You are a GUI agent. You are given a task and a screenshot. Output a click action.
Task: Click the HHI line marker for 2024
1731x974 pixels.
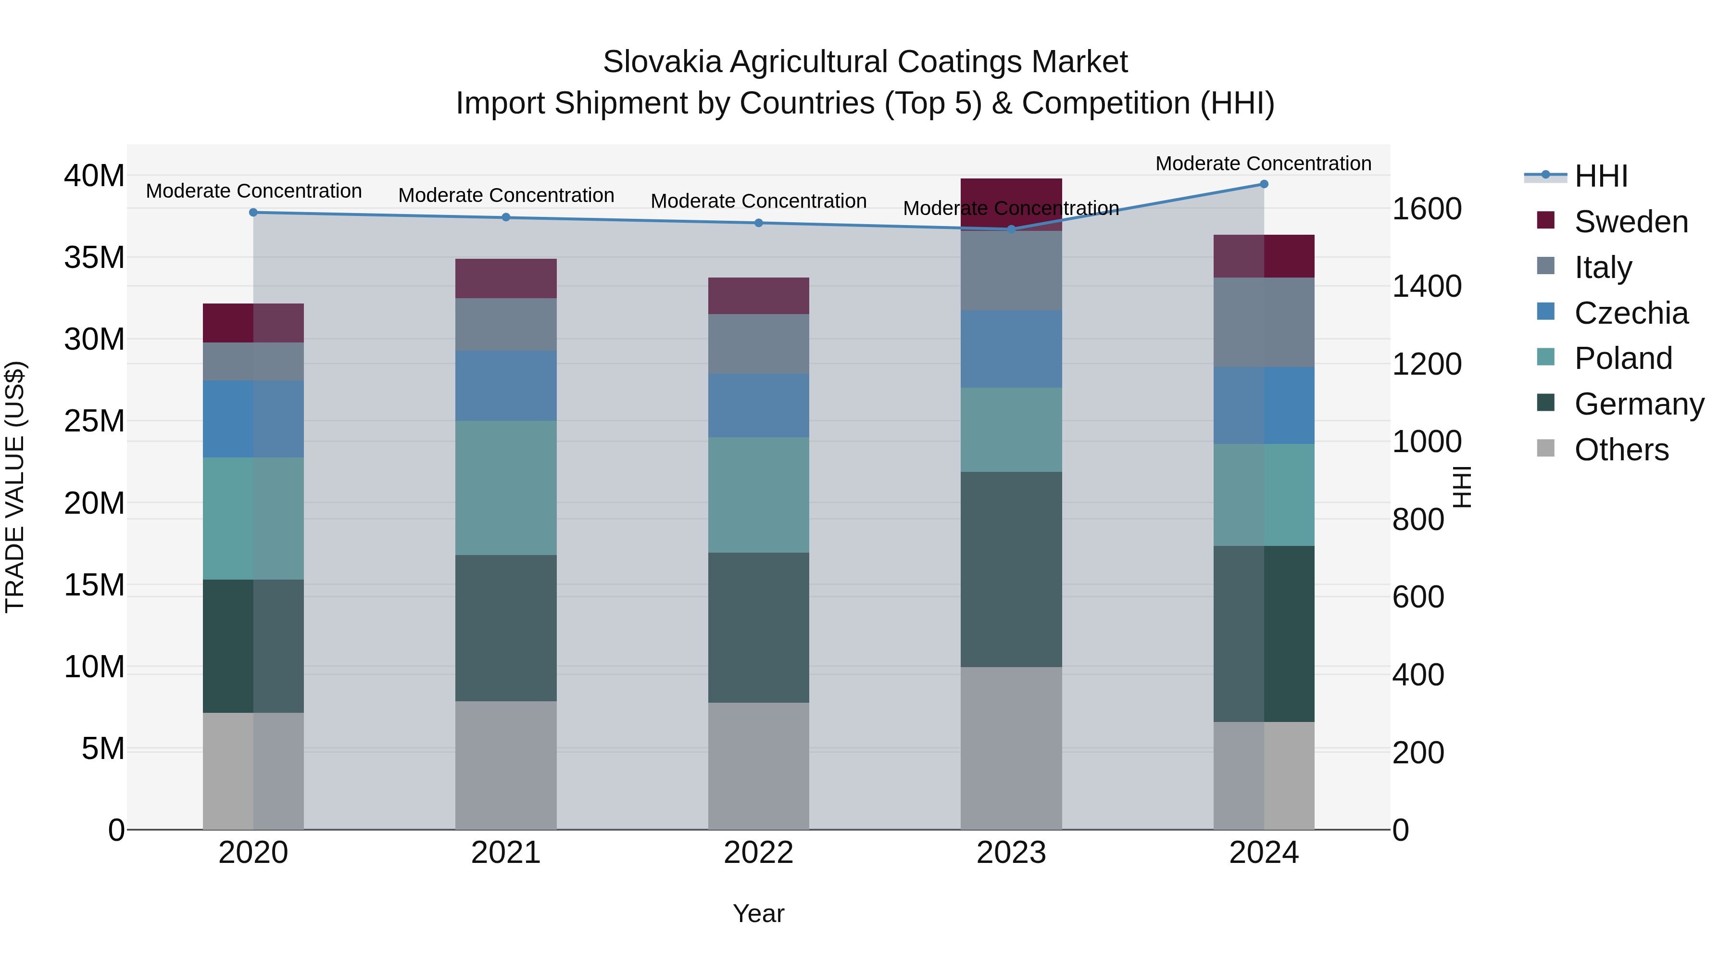click(1263, 184)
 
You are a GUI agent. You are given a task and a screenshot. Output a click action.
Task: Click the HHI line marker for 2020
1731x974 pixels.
click(253, 213)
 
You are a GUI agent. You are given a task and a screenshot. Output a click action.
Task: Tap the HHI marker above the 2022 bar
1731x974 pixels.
click(759, 223)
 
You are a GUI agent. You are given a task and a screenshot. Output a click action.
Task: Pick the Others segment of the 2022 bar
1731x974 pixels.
click(759, 766)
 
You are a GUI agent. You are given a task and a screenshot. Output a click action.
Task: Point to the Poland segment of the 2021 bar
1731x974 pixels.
click(506, 487)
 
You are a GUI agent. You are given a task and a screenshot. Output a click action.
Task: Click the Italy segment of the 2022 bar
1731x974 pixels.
click(759, 344)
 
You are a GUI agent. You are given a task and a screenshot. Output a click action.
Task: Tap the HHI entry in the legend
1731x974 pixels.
click(1601, 176)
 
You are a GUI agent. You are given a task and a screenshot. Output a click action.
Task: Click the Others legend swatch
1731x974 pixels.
click(1545, 448)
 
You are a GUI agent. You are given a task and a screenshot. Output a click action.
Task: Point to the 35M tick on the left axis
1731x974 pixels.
click(94, 257)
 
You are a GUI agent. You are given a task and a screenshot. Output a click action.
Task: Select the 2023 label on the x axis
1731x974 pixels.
click(1011, 853)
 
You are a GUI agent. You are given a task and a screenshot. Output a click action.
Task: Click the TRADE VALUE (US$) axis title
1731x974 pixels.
click(15, 487)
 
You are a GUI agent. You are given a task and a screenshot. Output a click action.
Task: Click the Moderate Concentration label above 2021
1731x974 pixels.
click(506, 196)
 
